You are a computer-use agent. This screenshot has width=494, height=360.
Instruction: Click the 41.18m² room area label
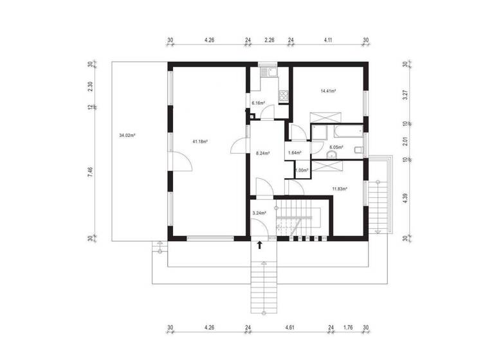pyautogui.click(x=199, y=141)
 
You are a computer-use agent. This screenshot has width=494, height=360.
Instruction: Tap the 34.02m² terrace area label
pyautogui.click(x=127, y=136)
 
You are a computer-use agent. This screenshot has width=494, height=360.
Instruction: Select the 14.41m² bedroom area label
pyautogui.click(x=329, y=91)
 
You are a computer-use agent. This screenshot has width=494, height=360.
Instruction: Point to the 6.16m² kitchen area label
pyautogui.click(x=259, y=103)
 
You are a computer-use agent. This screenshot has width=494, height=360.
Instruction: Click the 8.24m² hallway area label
pyautogui.click(x=262, y=153)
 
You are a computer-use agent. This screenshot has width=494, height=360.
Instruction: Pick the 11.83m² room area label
pyautogui.click(x=339, y=189)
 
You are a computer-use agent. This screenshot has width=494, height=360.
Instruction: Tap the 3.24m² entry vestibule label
pyautogui.click(x=259, y=212)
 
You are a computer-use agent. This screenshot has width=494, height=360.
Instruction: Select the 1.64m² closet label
pyautogui.click(x=295, y=153)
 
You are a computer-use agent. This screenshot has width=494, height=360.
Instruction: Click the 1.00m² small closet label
pyautogui.click(x=301, y=170)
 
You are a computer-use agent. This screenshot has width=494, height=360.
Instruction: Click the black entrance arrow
pyautogui.click(x=260, y=245)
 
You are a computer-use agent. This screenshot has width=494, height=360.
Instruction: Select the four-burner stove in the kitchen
pyautogui.click(x=283, y=95)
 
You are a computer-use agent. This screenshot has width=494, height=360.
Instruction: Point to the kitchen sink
pyautogui.click(x=270, y=73)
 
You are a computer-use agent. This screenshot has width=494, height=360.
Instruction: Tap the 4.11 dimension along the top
pyautogui.click(x=328, y=40)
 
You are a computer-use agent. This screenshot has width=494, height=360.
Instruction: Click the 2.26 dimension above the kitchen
pyautogui.click(x=270, y=40)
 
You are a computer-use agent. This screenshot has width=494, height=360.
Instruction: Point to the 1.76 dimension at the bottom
pyautogui.click(x=348, y=328)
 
